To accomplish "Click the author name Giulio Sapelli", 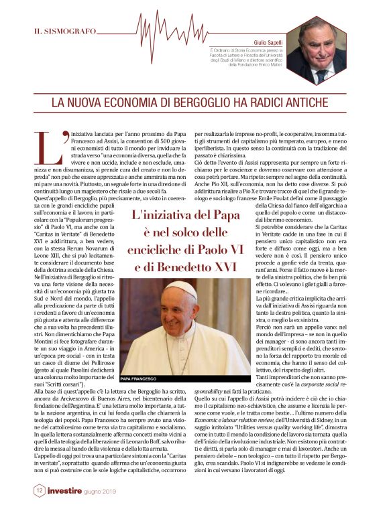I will (x=266, y=42).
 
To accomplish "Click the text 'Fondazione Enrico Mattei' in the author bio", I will (x=255, y=65).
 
